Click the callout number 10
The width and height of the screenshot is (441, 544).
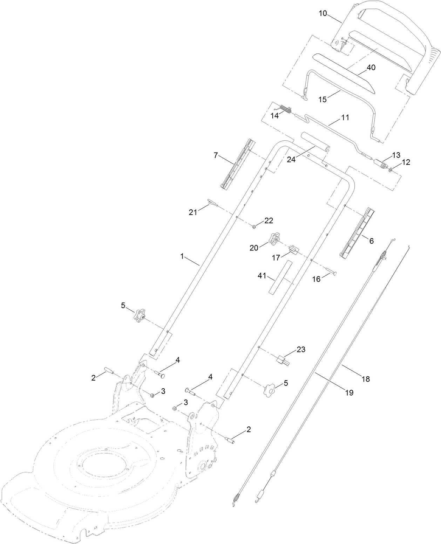323,13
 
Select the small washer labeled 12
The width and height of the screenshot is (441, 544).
390,170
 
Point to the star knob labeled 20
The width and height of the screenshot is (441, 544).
275,239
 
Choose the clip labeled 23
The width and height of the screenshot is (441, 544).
283,360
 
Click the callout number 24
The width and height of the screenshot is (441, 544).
291,159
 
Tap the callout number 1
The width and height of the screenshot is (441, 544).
182,256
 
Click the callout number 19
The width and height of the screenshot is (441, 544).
349,392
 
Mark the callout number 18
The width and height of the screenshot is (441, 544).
365,379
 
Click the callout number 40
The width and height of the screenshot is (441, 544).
371,67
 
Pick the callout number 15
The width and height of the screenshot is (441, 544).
322,99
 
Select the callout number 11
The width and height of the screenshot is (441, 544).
345,117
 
